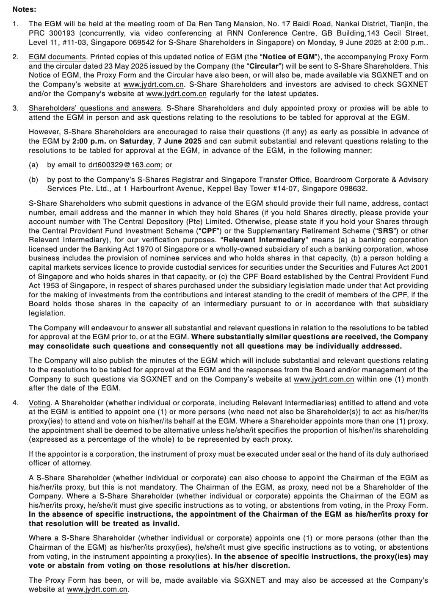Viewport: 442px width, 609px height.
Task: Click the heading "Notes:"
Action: tap(24, 9)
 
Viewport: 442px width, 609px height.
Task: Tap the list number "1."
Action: tap(15, 24)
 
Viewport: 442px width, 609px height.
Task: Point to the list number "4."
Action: tap(15, 403)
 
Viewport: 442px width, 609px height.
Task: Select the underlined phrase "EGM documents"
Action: tap(57, 57)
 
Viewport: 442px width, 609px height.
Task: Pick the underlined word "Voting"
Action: tap(40, 403)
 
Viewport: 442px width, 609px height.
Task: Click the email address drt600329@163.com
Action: tap(124, 165)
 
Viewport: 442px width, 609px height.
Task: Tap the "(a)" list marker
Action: tap(33, 165)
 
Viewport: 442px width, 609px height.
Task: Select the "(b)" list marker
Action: tap(33, 180)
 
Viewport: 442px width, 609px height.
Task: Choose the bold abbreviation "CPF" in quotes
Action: tap(208, 231)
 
